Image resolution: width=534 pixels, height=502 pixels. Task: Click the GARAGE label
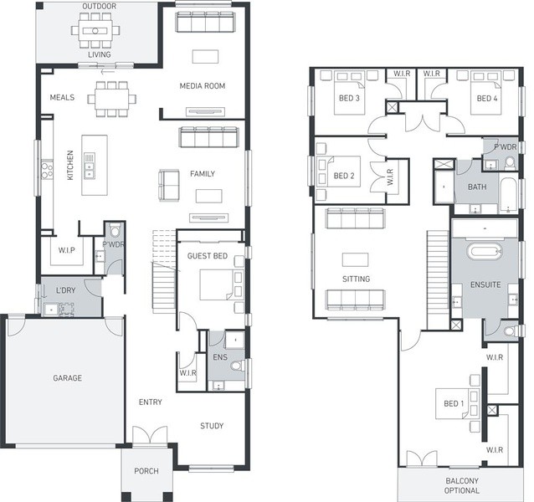[x=68, y=378]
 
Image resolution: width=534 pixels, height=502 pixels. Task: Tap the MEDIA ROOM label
[x=203, y=86]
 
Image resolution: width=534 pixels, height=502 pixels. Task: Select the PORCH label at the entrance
[x=146, y=471]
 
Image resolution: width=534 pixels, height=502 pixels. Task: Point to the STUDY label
[x=212, y=426]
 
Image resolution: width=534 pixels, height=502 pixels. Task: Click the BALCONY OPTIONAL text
[x=462, y=485]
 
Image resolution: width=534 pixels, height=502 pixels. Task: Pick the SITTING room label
[x=357, y=279]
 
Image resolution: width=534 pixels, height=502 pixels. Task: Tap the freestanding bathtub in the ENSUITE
[x=485, y=252]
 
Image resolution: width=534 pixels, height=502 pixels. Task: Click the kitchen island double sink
[x=90, y=166]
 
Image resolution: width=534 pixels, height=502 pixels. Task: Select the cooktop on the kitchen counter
[x=47, y=170]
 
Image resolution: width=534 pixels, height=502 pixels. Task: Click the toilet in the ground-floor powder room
[x=116, y=230]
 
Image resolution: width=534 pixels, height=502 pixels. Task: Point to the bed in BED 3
[x=349, y=93]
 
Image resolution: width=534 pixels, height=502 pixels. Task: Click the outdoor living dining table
[x=95, y=31]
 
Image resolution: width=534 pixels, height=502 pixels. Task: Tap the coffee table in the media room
[x=205, y=57]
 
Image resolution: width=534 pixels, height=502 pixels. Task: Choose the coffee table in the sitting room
[x=355, y=259]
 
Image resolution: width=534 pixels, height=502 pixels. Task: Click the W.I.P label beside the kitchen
[x=66, y=250]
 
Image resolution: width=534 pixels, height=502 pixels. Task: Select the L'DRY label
[x=66, y=290]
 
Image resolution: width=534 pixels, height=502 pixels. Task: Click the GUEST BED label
[x=208, y=256]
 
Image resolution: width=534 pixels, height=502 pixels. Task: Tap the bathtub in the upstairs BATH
[x=509, y=194]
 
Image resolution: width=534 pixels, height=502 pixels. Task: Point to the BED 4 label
[x=487, y=99]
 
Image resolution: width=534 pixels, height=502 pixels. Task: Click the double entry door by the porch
[x=150, y=434]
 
